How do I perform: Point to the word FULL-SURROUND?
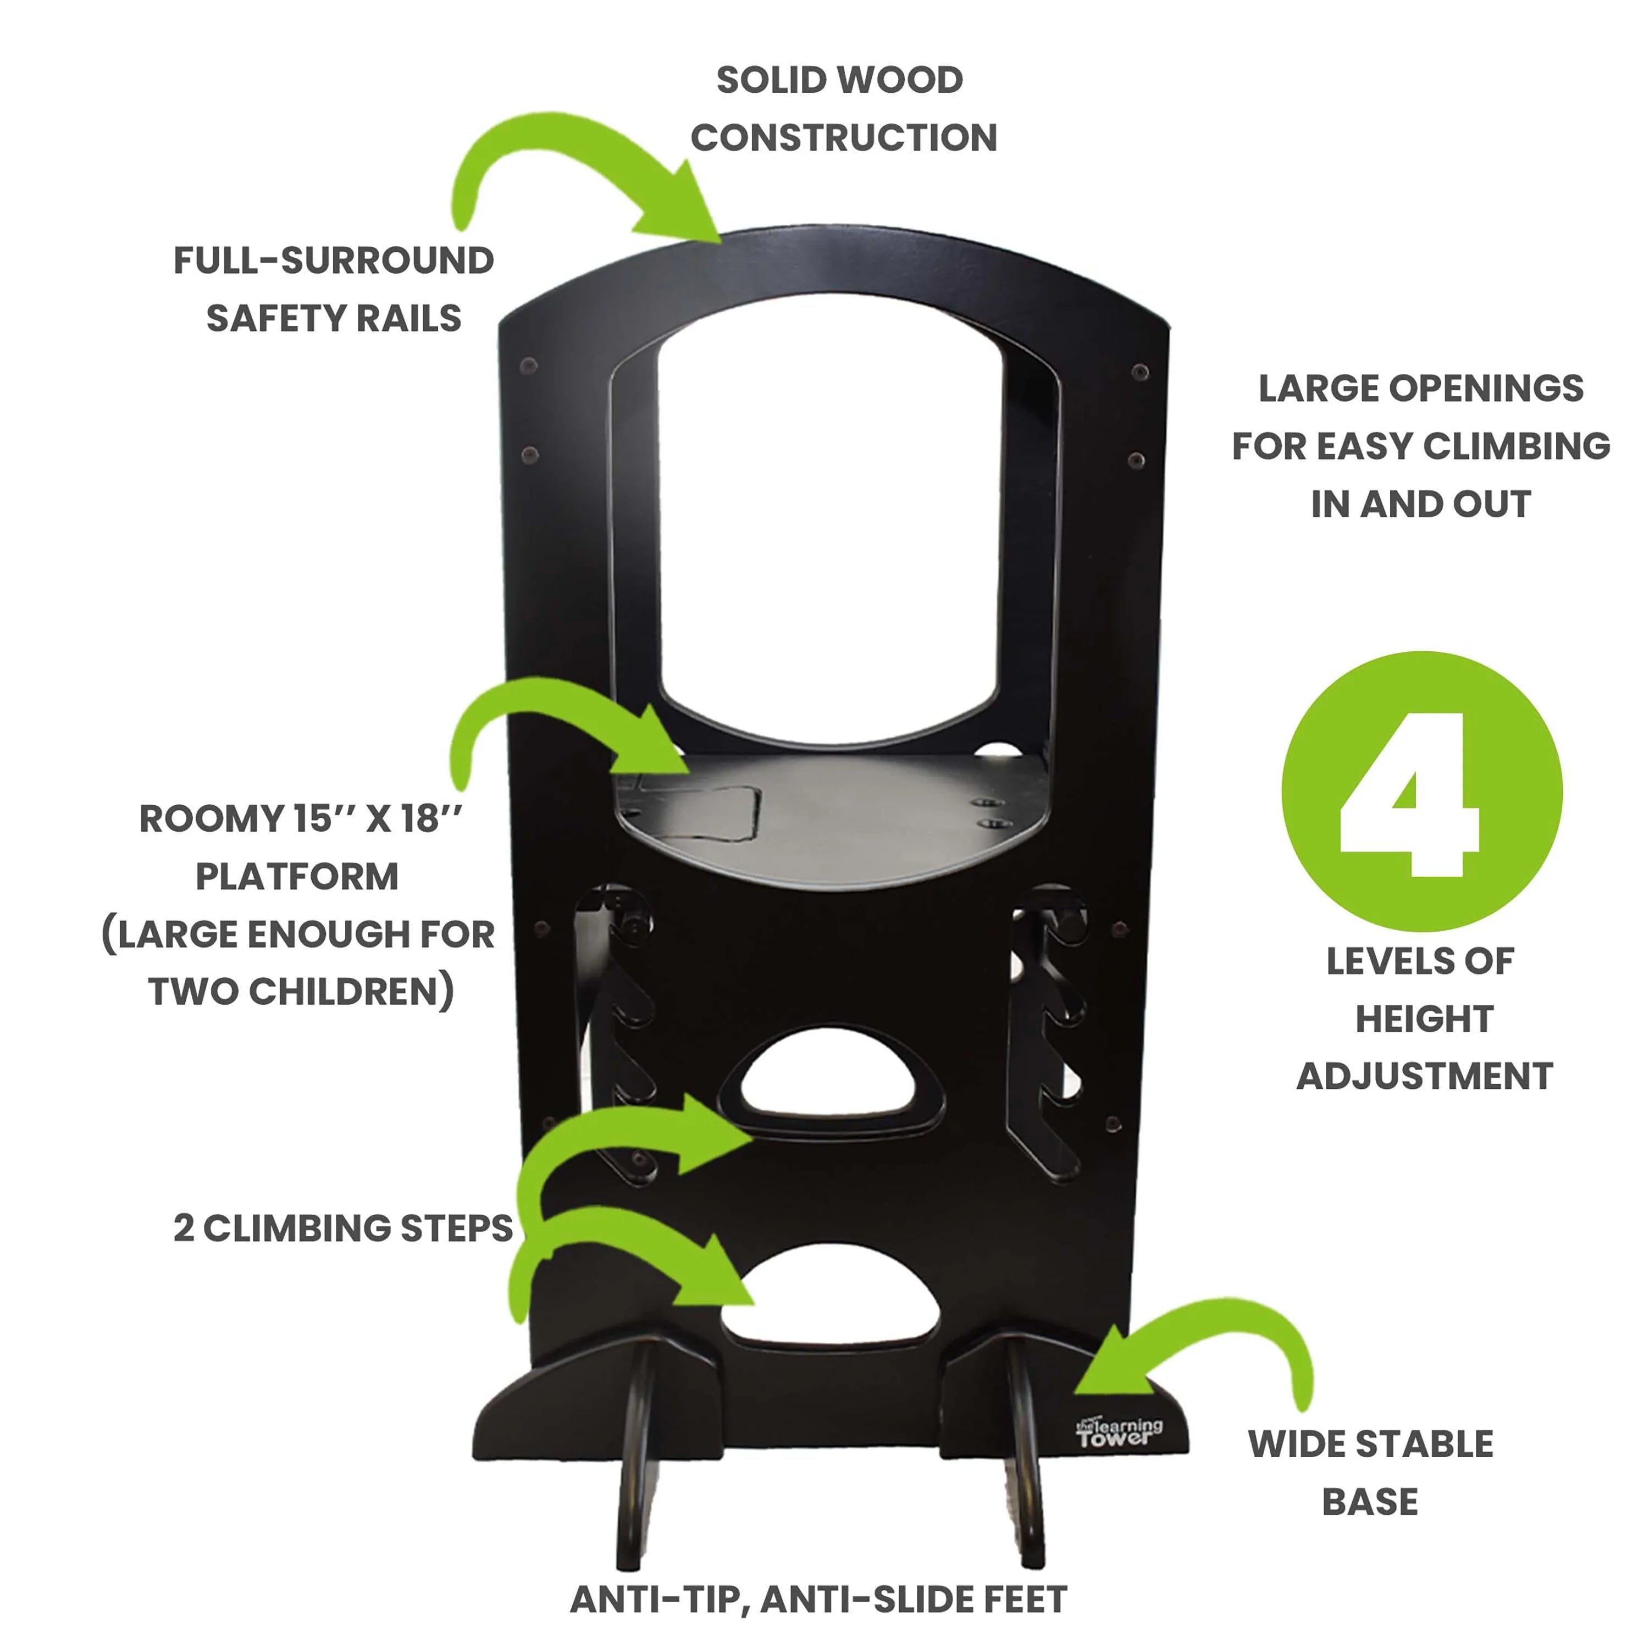click(334, 261)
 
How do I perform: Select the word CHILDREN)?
click(352, 992)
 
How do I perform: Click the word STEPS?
click(457, 1228)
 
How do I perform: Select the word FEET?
click(1023, 1600)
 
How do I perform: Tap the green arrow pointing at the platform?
click(563, 726)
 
